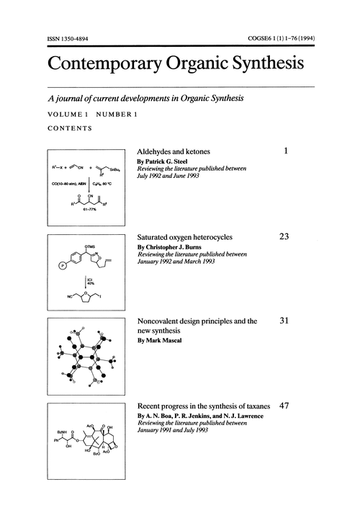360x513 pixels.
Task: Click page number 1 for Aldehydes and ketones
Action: (x=286, y=153)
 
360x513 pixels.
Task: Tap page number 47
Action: (x=283, y=406)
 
